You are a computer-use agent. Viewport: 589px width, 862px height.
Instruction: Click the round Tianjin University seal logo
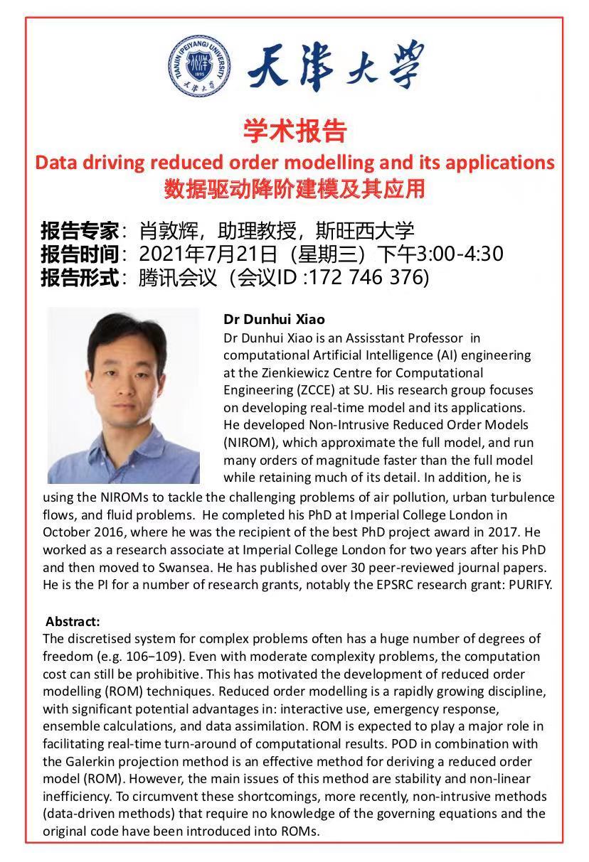201,66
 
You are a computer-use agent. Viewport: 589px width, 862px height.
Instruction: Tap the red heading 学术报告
294,131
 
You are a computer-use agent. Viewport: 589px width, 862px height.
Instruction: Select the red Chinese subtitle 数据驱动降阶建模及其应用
294,189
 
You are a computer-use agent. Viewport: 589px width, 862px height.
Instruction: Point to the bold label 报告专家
80,230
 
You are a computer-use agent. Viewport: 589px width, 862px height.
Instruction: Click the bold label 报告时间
80,254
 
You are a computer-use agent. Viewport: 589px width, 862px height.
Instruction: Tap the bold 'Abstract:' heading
73,621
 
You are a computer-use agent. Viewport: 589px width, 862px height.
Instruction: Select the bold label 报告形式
80,277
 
